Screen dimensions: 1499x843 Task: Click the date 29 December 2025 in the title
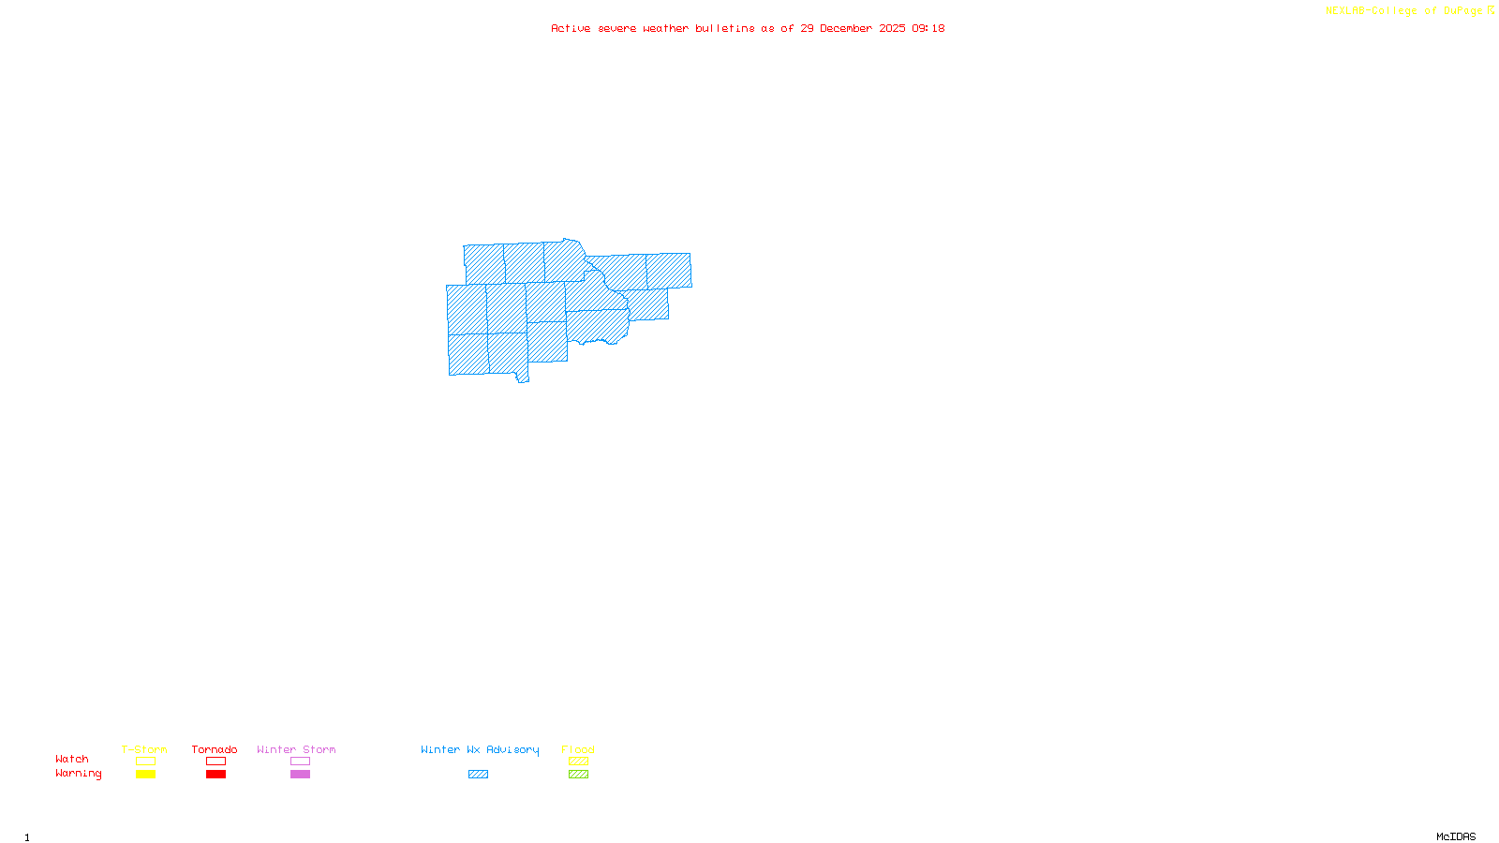(x=853, y=29)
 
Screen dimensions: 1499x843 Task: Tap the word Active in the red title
(x=571, y=29)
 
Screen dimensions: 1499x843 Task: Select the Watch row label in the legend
(x=72, y=760)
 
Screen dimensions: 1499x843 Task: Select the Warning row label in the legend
(x=79, y=774)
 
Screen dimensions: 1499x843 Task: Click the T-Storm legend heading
(x=144, y=749)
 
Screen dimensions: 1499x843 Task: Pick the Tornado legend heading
(x=215, y=749)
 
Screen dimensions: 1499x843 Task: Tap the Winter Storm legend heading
(x=296, y=749)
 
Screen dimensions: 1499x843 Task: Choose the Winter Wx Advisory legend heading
(x=480, y=749)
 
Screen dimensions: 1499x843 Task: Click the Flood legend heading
(x=578, y=749)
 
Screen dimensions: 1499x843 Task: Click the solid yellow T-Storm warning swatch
(x=145, y=775)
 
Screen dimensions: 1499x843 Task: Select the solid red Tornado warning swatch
(x=215, y=775)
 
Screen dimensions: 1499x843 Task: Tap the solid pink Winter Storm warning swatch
(x=300, y=775)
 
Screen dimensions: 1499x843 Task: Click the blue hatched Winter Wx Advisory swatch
(x=478, y=775)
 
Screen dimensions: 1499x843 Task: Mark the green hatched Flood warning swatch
(x=578, y=775)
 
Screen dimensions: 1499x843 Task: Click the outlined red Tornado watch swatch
(x=215, y=762)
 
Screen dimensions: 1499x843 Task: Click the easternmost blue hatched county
(x=669, y=271)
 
